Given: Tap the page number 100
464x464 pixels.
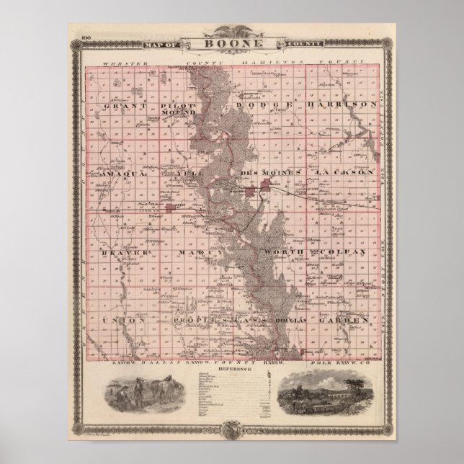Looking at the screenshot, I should coord(85,36).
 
